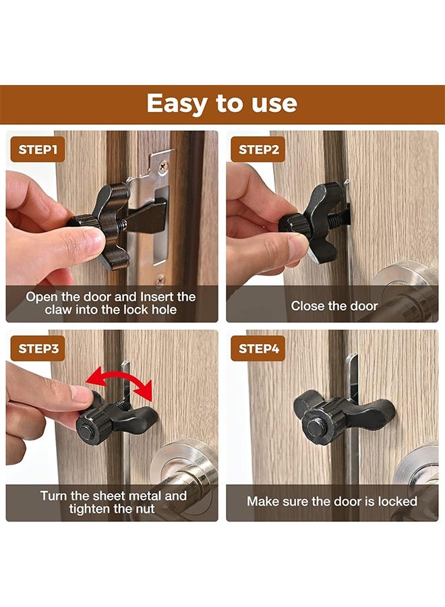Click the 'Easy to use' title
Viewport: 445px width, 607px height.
[222, 104]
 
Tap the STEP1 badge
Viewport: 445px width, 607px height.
[37, 150]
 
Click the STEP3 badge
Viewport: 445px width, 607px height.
[37, 349]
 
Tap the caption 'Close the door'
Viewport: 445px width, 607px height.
[334, 306]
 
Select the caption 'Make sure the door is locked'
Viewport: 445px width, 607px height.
[332, 502]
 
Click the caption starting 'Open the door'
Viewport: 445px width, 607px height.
[111, 303]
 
